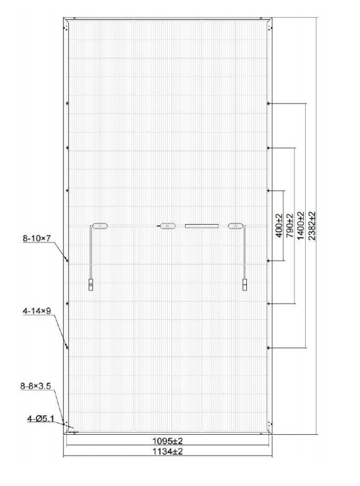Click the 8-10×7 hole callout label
pos(37,239)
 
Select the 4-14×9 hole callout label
pos(37,311)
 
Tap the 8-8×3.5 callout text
pos(35,386)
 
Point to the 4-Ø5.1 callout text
pos(40,418)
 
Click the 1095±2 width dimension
pos(167,441)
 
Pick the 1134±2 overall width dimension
pos(167,451)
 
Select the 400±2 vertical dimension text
pos(279,225)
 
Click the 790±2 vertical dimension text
pos(290,225)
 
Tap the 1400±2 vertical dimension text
pos(301,225)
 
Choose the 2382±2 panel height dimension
pos(311,225)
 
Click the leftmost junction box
pos(100,226)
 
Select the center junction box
pos(167,226)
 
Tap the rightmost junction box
pos(236,226)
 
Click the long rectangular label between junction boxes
pos(201,226)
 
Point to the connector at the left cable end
pos(90,285)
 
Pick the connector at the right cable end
pos(244,285)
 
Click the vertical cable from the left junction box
pos(90,252)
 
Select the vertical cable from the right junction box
pos(244,252)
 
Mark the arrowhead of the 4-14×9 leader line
pos(67,347)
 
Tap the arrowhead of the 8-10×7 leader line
pos(67,260)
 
